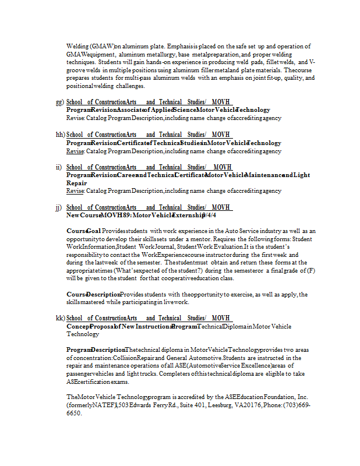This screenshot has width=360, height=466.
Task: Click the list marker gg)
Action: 59,102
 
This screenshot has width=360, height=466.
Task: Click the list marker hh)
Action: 59,135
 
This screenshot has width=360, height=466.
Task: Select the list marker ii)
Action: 59,167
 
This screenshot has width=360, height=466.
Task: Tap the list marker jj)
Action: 59,207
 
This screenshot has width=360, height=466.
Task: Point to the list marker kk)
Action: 59,318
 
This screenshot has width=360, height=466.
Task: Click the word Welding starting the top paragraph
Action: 77,46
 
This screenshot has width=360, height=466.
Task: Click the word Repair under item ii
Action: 76,183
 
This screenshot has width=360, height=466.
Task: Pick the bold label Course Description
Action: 93,295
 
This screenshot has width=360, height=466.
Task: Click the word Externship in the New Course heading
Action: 187,215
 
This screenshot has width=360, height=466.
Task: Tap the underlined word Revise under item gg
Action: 75,118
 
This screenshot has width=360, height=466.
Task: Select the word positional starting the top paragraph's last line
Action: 80,86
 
